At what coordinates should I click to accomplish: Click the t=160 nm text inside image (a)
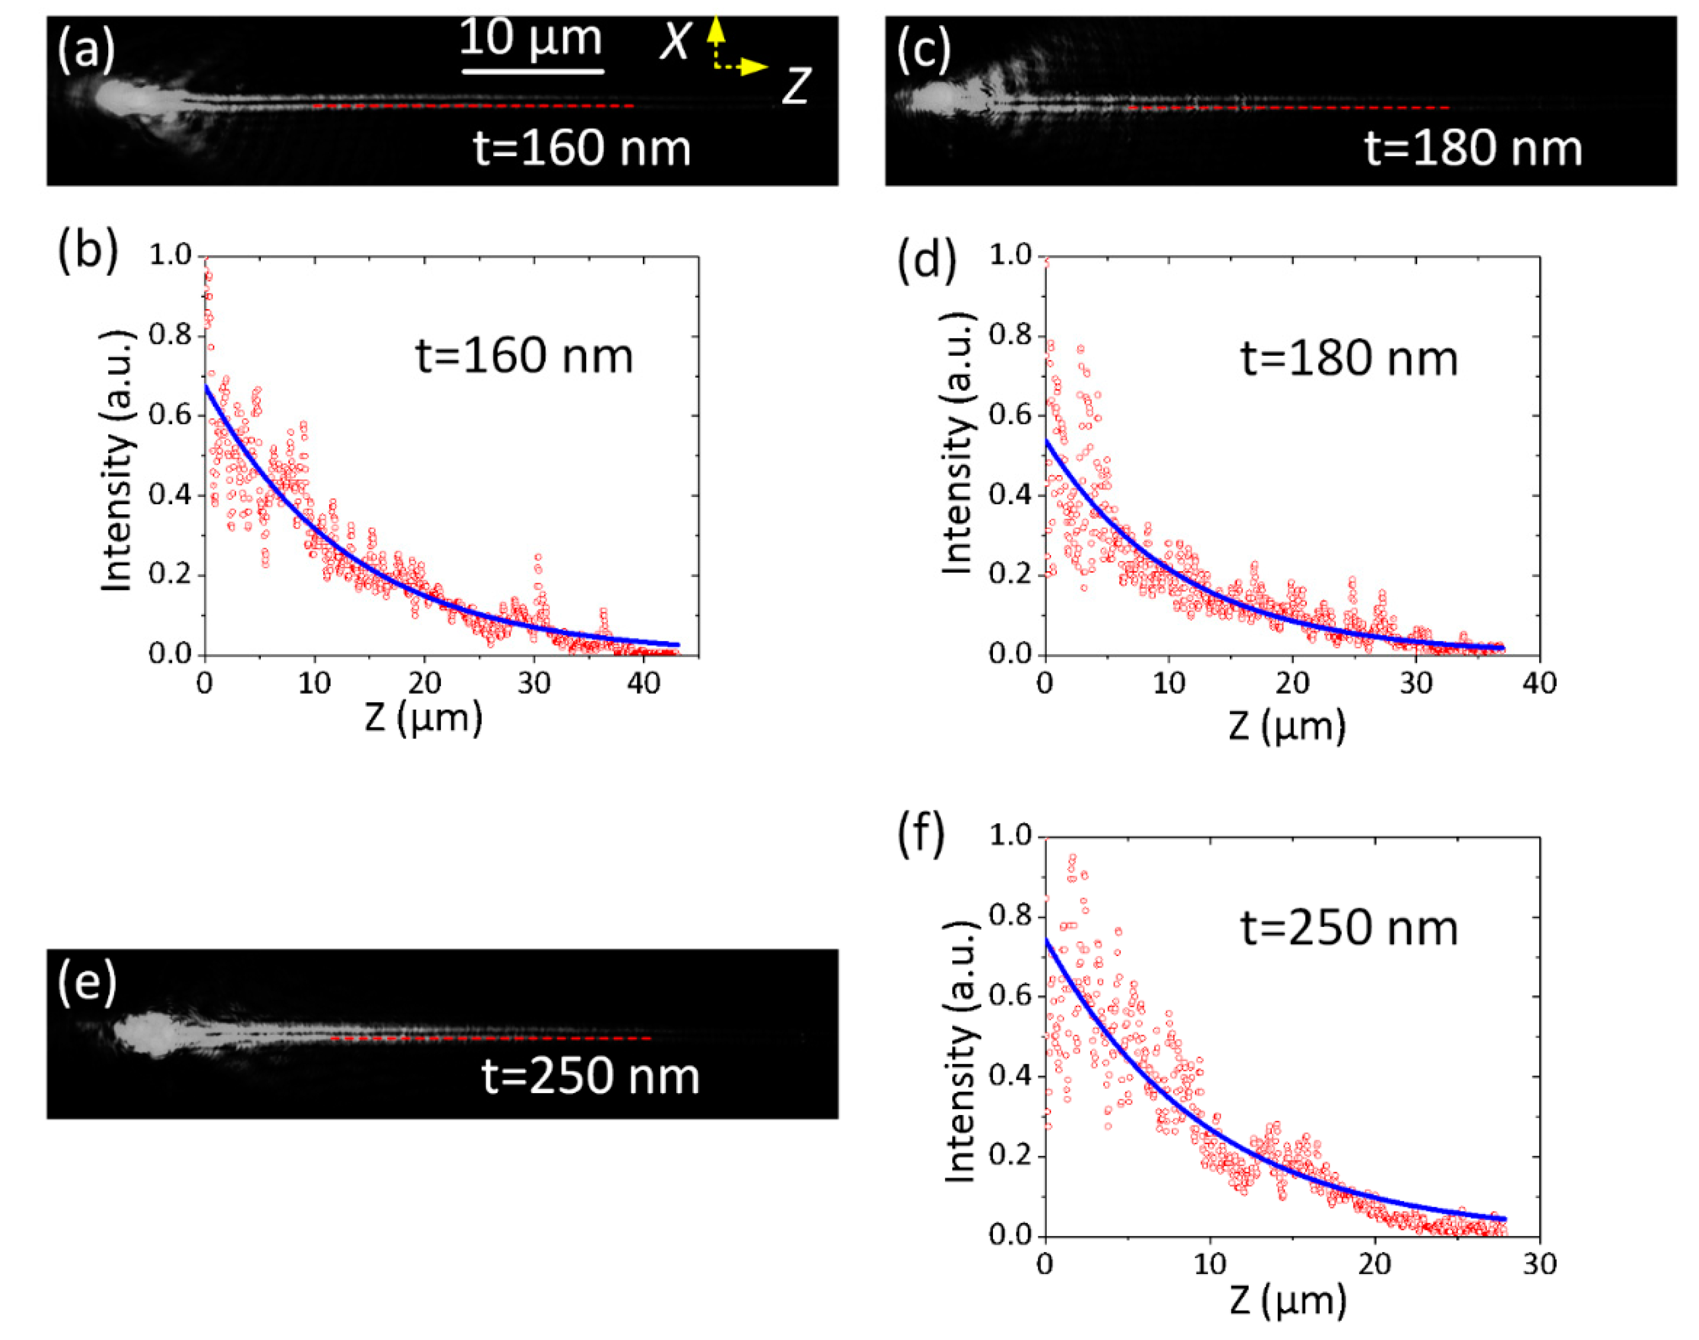pyautogui.click(x=581, y=148)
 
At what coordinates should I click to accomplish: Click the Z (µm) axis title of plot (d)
pyautogui.click(x=1286, y=726)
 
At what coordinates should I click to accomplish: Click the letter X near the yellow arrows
pyautogui.click(x=675, y=41)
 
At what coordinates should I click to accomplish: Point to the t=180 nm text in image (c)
pyautogui.click(x=1473, y=148)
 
